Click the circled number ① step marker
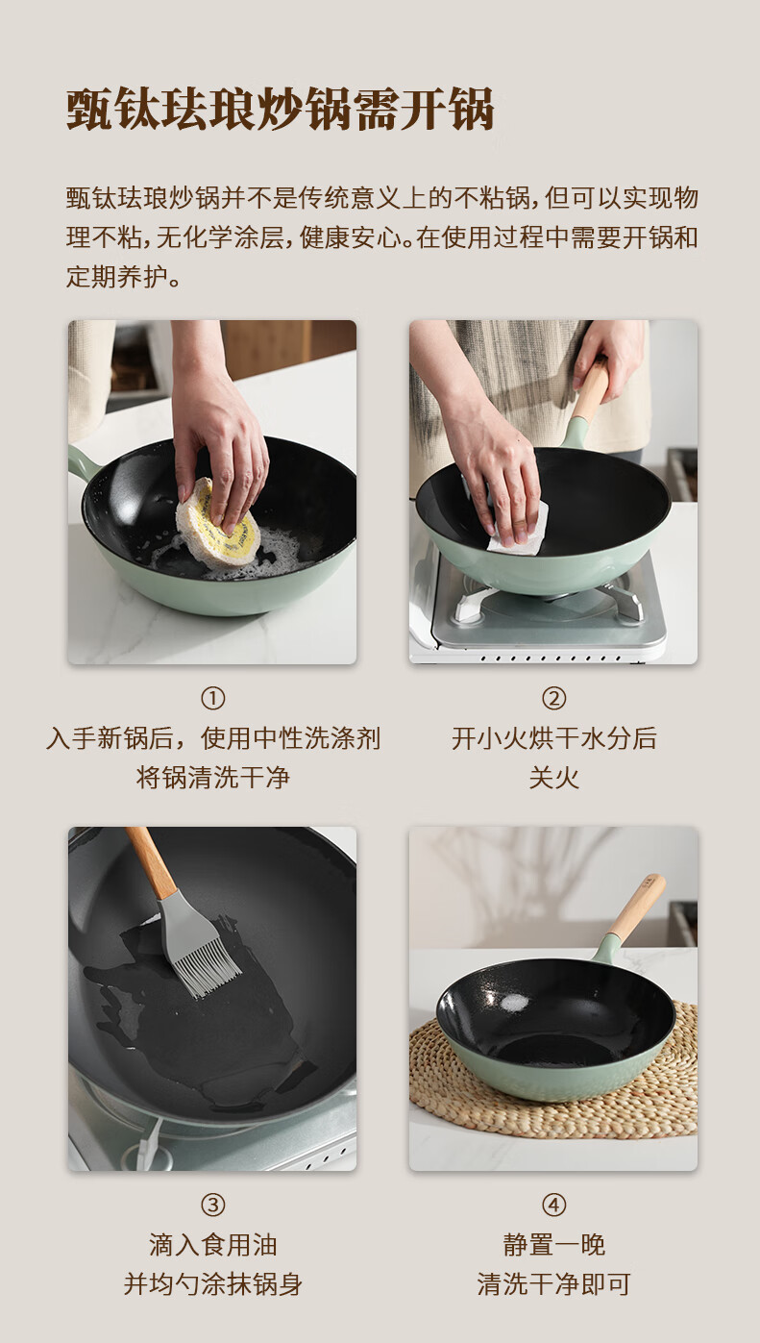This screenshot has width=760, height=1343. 212,699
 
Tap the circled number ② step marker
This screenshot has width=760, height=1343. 553,699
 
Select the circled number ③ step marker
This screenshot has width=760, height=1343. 212,1206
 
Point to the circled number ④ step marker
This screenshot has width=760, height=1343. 553,1206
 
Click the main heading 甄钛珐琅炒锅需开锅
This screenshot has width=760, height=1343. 280,110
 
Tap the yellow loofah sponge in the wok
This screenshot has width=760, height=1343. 217,523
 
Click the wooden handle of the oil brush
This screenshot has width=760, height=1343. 151,861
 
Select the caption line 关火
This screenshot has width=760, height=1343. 553,778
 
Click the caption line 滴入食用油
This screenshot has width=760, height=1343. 212,1245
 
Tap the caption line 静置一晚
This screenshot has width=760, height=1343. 553,1245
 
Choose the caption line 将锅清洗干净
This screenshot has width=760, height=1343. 212,778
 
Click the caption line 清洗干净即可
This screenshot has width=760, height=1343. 553,1285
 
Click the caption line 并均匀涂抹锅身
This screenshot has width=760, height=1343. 212,1285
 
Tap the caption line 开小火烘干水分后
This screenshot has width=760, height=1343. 553,738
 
